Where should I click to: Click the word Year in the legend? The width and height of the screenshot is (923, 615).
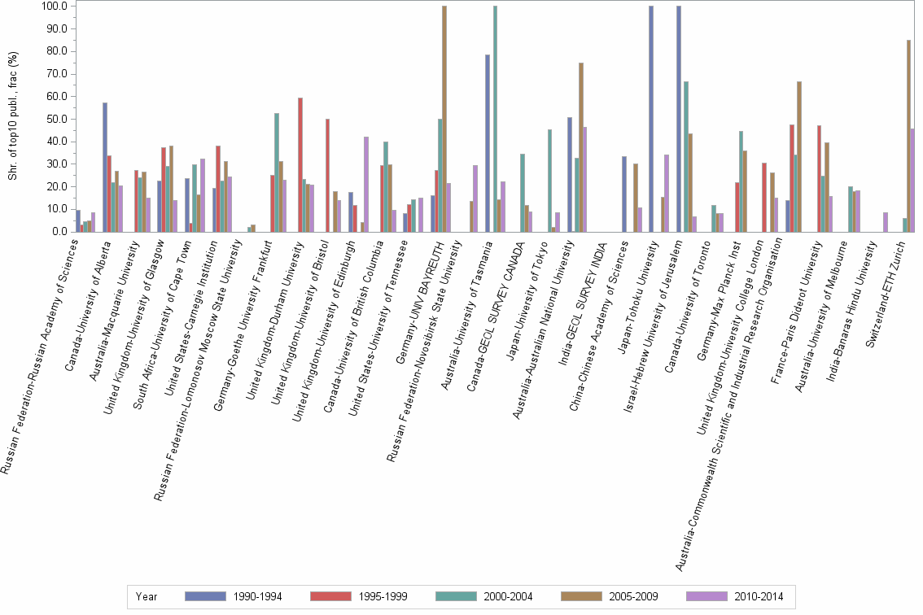click(147, 596)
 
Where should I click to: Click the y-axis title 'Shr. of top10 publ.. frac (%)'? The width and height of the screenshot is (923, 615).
click(12, 118)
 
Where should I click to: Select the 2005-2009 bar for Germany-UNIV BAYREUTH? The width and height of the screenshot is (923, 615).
click(444, 119)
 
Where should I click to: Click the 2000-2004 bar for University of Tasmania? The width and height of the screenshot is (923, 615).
click(495, 119)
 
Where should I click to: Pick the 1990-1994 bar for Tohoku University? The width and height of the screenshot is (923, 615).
click(651, 119)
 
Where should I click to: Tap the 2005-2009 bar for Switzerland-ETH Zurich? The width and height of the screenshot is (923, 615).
click(908, 136)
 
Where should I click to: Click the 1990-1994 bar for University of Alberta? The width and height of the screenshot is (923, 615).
click(105, 167)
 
